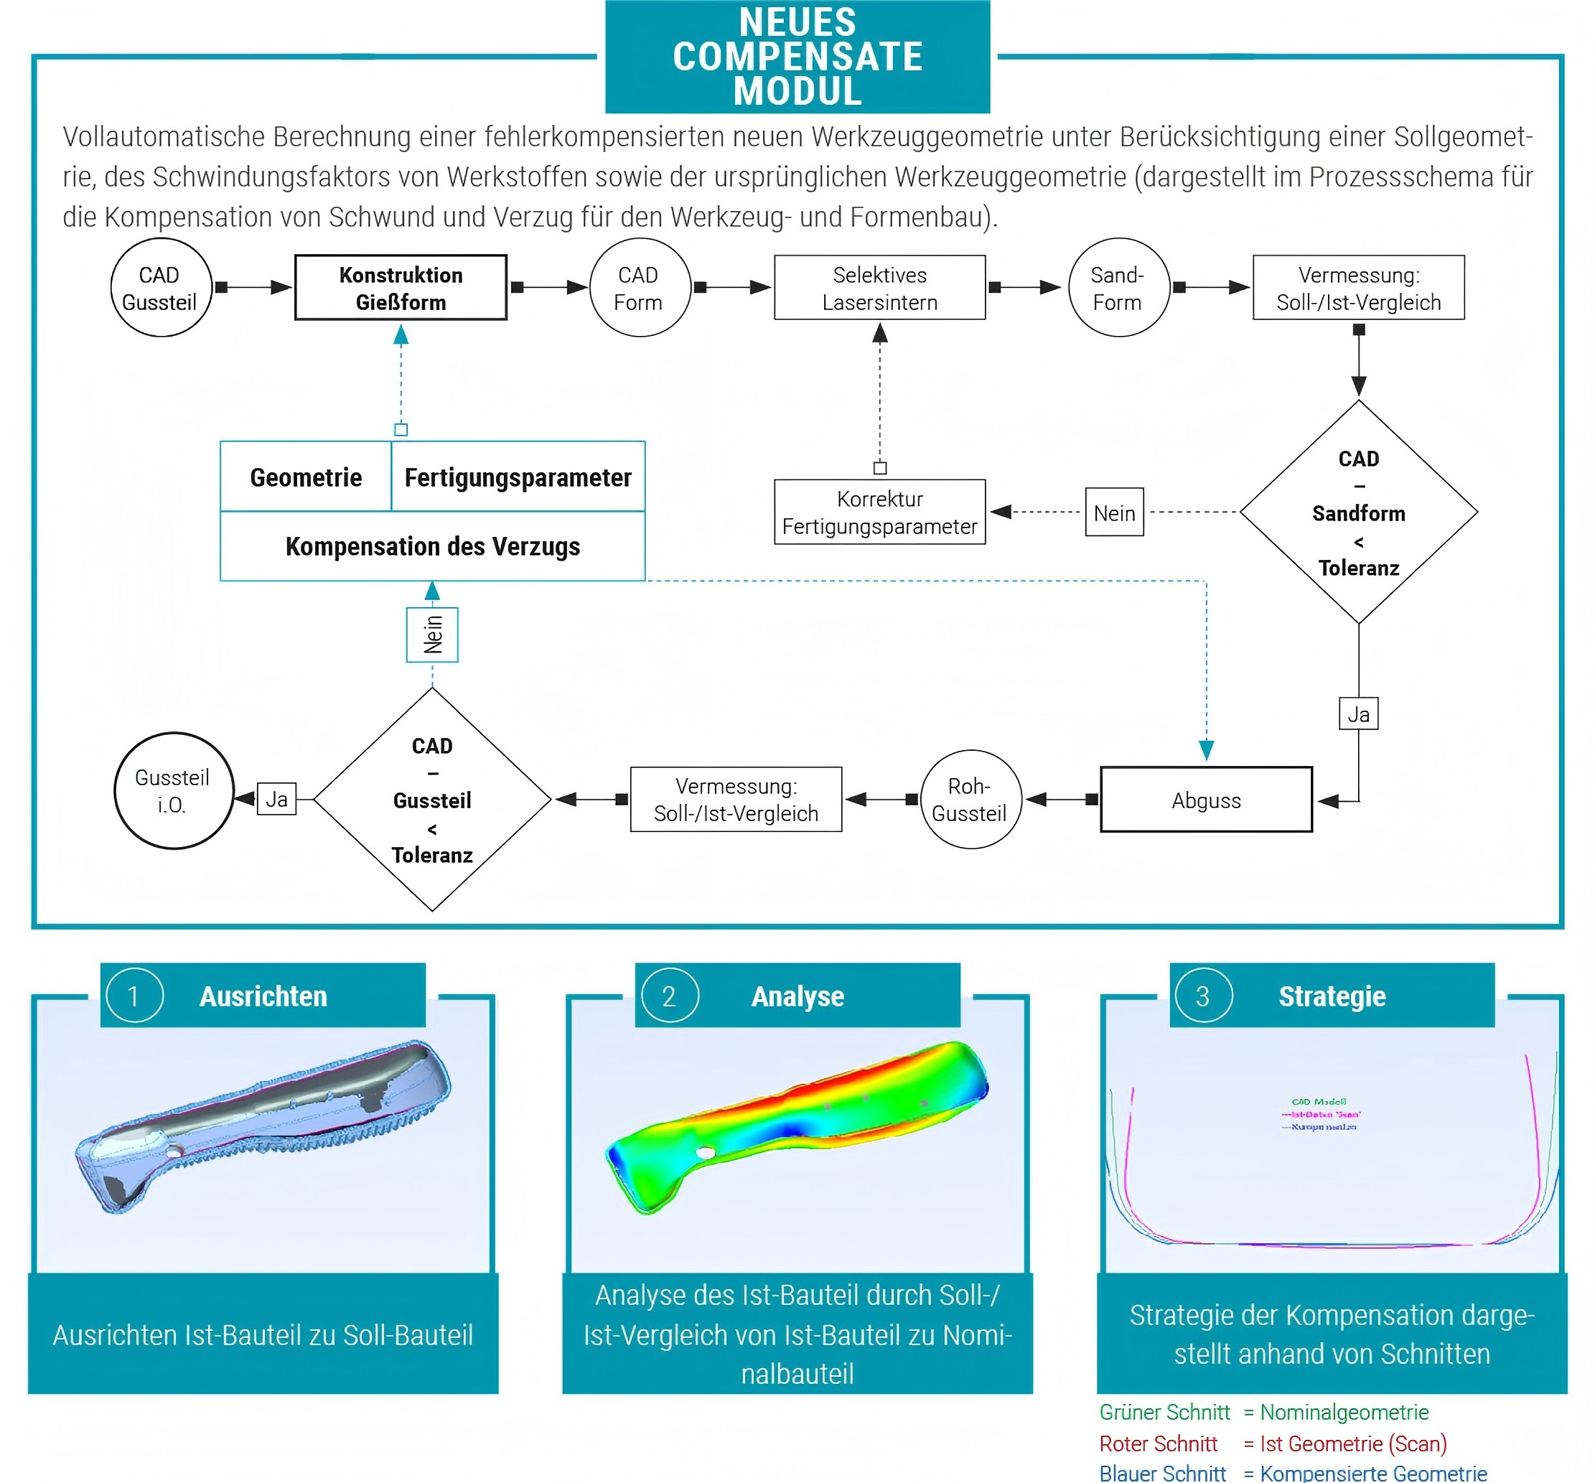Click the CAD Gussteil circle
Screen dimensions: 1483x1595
click(161, 288)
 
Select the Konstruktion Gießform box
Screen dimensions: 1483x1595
click(401, 288)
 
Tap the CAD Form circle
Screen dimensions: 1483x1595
click(639, 288)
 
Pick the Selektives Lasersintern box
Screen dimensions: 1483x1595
click(879, 288)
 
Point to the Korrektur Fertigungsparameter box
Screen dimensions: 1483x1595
click(879, 512)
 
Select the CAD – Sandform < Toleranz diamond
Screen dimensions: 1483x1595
click(1358, 512)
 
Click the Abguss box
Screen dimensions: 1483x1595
click(1206, 800)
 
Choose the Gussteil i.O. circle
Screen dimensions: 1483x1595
click(173, 791)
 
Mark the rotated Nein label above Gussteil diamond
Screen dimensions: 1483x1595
click(432, 635)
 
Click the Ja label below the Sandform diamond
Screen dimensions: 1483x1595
click(1358, 714)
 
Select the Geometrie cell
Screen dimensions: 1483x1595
click(306, 477)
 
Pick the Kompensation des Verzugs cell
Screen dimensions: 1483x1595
click(432, 546)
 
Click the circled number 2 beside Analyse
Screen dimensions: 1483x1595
click(669, 996)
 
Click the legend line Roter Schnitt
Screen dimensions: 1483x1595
click(1158, 1444)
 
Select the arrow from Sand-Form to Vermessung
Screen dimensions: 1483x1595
click(1212, 287)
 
